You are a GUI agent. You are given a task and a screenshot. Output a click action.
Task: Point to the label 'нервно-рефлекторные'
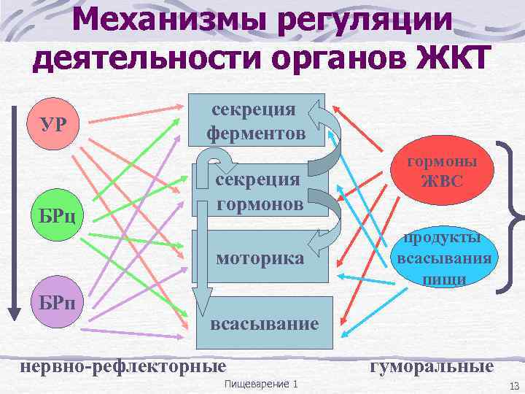pos(122,365)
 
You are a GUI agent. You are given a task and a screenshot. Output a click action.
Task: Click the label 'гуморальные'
pos(431,365)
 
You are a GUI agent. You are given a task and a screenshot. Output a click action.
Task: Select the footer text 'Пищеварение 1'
pos(262,384)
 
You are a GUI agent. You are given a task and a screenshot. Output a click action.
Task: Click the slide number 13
pos(510,385)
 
